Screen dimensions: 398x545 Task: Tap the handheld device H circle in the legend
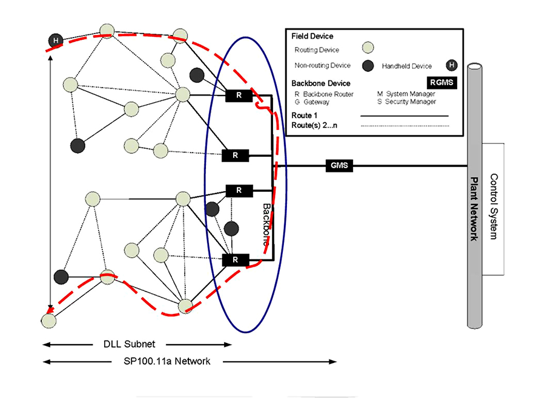(451, 65)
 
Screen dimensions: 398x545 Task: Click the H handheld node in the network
(56, 41)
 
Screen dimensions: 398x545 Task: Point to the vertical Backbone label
(266, 224)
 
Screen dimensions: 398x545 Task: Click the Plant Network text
(475, 209)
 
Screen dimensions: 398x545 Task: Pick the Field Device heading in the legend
(312, 36)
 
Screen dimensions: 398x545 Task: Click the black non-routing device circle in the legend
(367, 65)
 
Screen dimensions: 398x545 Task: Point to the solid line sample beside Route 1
(404, 115)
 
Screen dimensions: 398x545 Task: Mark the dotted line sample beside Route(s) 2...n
(404, 126)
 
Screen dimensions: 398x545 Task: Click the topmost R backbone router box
(239, 95)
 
